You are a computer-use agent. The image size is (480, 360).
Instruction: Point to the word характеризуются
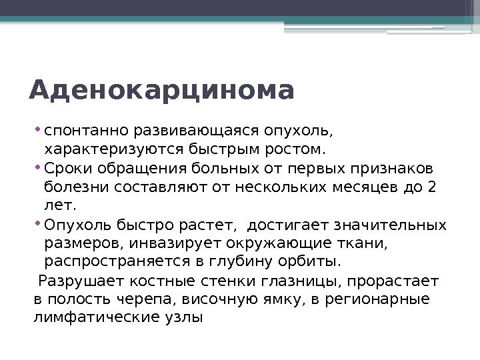click(97, 147)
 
